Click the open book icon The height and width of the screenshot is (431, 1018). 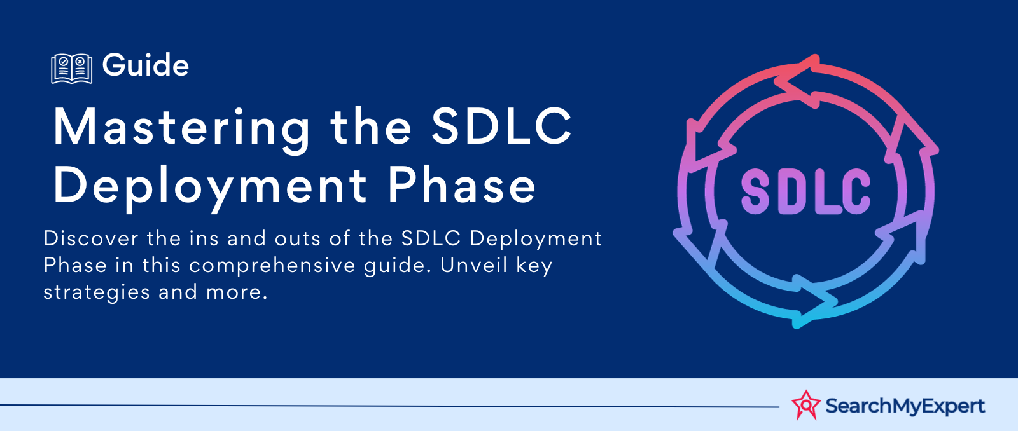[x=72, y=69]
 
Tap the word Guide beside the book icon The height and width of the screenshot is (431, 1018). [x=146, y=65]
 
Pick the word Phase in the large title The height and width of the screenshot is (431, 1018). [x=462, y=184]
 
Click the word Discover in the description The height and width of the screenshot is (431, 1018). [x=91, y=238]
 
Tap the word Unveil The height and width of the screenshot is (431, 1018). [x=473, y=265]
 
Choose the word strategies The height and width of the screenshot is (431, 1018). [x=96, y=292]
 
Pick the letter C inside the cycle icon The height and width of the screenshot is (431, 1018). [x=856, y=191]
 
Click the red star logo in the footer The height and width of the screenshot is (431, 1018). [x=805, y=405]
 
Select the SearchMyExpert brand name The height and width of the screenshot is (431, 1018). [x=905, y=406]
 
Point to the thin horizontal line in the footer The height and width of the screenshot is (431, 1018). [x=389, y=406]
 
